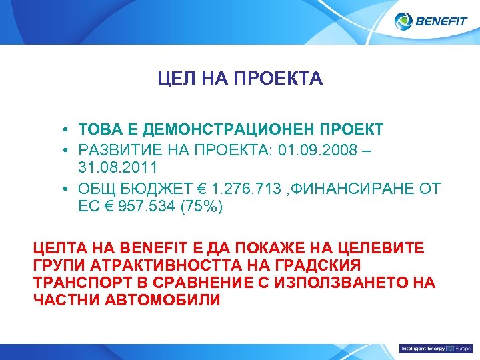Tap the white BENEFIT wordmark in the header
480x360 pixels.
441,22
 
